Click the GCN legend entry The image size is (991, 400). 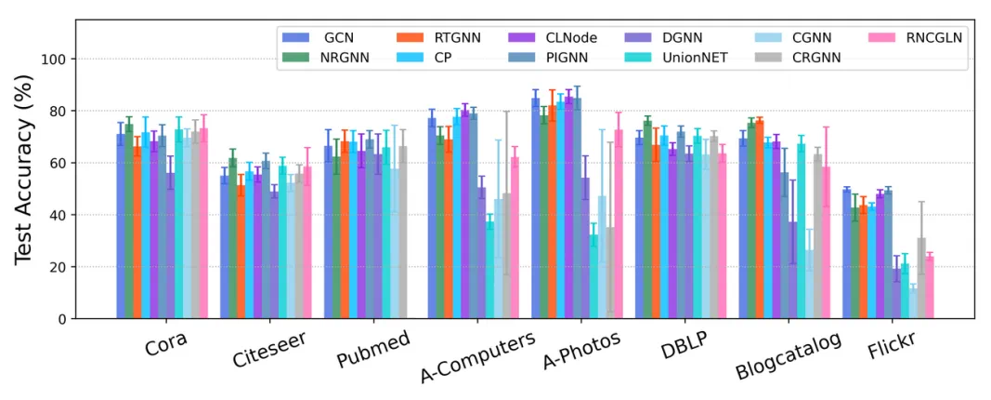[x=320, y=38]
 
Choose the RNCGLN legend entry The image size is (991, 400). [x=913, y=38]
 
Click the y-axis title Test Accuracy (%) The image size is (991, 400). [x=24, y=177]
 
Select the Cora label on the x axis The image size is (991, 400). [x=165, y=345]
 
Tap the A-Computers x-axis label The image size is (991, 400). [x=477, y=357]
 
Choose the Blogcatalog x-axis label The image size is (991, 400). [x=789, y=355]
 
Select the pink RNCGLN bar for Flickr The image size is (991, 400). [x=929, y=287]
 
